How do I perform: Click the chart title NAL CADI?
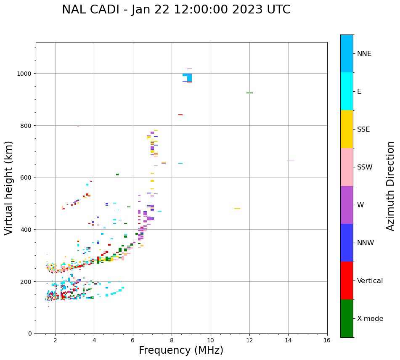tap(176, 10)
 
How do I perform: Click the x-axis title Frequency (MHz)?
tap(181, 350)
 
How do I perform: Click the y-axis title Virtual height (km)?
tap(9, 188)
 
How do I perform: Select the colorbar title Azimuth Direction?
tap(391, 186)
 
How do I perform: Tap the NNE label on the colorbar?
tap(364, 54)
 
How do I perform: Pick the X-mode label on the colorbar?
tap(370, 319)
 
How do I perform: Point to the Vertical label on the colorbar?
tap(370, 281)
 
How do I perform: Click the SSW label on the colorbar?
tap(365, 167)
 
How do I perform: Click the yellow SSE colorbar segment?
tap(347, 129)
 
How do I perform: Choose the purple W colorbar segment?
tap(347, 205)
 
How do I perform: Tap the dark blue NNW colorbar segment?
tap(347, 243)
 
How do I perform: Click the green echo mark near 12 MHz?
tap(249, 93)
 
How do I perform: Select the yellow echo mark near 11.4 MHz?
tap(237, 209)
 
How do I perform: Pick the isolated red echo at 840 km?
tap(180, 115)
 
